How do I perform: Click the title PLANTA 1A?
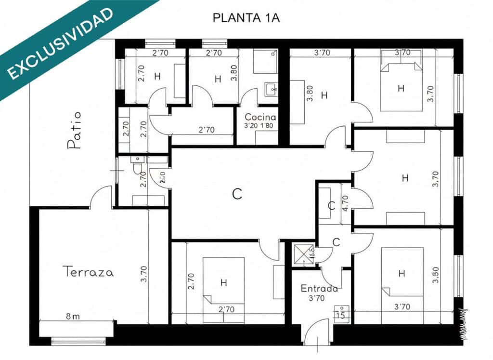tap(246, 18)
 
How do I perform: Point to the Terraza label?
tap(89, 272)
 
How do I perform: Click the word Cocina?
tap(260, 117)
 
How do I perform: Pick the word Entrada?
tap(318, 289)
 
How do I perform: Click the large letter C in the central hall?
tap(237, 194)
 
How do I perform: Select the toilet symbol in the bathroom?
tap(138, 167)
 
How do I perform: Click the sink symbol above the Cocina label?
tap(270, 89)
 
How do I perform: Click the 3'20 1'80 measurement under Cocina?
tap(260, 127)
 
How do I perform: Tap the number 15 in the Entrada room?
tap(341, 316)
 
